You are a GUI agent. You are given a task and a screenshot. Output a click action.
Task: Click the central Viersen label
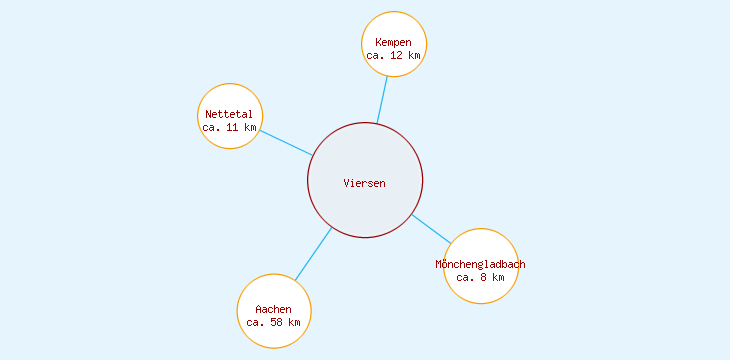coord(364,183)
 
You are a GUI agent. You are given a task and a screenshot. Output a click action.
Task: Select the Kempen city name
coord(393,42)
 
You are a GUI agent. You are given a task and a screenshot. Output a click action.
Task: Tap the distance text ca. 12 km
coord(393,56)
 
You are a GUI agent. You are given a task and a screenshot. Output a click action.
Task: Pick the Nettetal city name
coord(229,114)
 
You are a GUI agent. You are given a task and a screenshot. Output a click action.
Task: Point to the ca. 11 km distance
coord(229,128)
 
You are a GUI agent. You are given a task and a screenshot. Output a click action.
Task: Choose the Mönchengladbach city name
coord(480,264)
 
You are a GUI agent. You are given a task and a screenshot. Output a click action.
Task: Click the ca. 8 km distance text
coord(480,277)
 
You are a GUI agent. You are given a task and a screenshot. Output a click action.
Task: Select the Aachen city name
coord(273,309)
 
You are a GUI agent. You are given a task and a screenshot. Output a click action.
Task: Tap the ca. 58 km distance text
coord(273,323)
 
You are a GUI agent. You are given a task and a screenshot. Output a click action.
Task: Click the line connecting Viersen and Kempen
coord(382,100)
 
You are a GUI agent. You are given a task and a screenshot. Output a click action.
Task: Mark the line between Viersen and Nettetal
coord(286,142)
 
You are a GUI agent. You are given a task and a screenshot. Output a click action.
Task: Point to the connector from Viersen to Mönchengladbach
coord(431,228)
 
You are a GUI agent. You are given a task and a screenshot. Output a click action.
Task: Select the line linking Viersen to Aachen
coord(313,253)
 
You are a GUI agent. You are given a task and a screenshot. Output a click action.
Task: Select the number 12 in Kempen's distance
coord(396,56)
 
